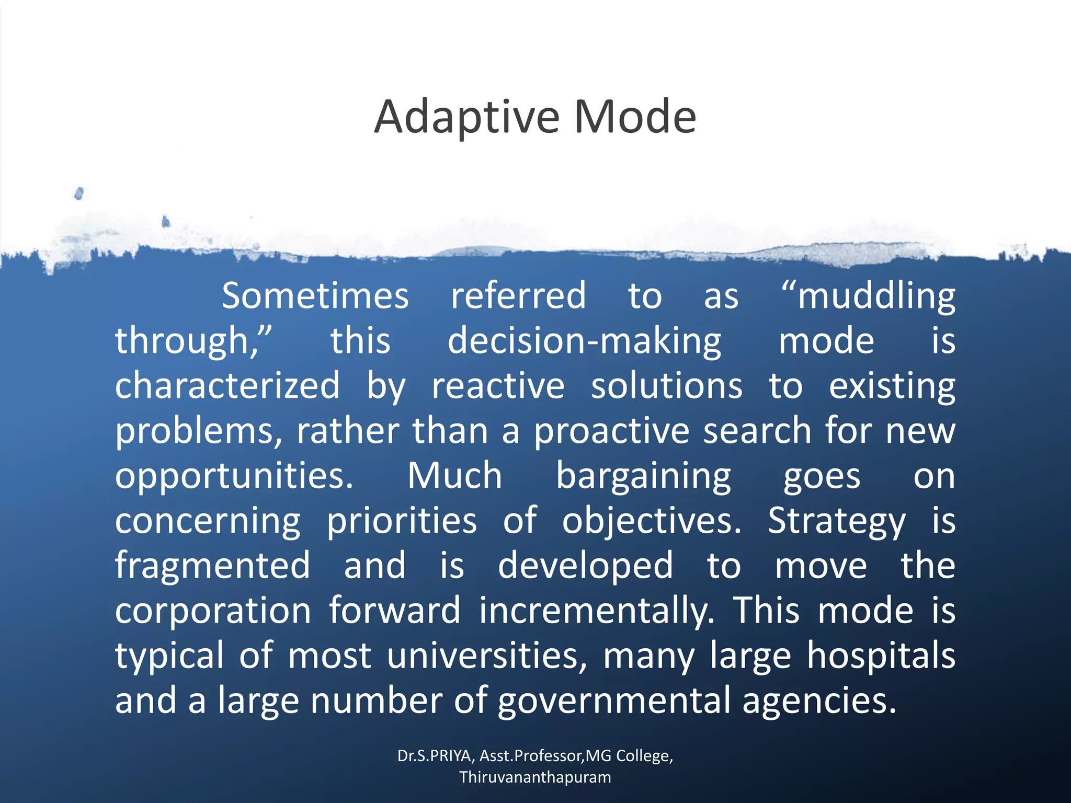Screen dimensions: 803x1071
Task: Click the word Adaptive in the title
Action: point(467,117)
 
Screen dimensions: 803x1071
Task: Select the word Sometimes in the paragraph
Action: point(315,296)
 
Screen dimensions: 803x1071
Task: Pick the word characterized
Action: point(227,386)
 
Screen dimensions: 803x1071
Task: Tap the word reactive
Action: point(498,386)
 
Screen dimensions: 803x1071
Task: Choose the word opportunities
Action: point(234,477)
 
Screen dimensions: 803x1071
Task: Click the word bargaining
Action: point(643,477)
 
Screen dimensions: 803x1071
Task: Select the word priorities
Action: point(402,521)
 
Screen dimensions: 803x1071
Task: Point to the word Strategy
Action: point(836,522)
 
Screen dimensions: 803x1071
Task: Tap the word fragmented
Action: point(213,566)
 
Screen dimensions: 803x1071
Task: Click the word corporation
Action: point(213,611)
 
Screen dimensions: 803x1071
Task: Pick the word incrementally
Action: point(597,611)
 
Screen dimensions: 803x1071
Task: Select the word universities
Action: point(487,656)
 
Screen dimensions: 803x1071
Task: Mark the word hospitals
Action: point(881,656)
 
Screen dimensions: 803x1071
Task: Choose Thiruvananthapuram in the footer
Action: point(535,777)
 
